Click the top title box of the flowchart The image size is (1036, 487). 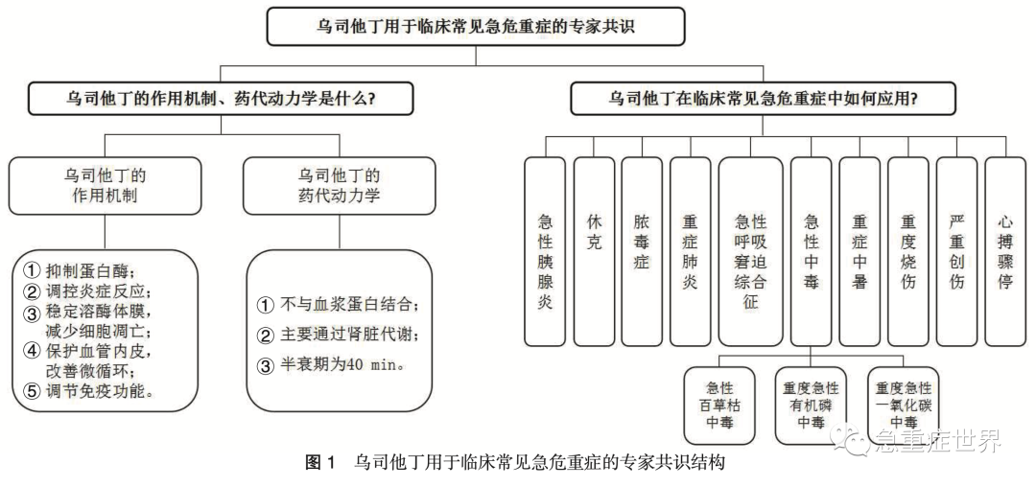tap(476, 26)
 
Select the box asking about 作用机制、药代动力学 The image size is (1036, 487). tap(222, 98)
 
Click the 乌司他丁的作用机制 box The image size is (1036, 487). tap(105, 186)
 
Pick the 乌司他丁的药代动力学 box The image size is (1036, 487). tap(340, 186)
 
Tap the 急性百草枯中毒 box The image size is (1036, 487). tap(719, 405)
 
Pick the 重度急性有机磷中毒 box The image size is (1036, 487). tap(811, 405)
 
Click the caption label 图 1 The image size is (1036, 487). tap(319, 463)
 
